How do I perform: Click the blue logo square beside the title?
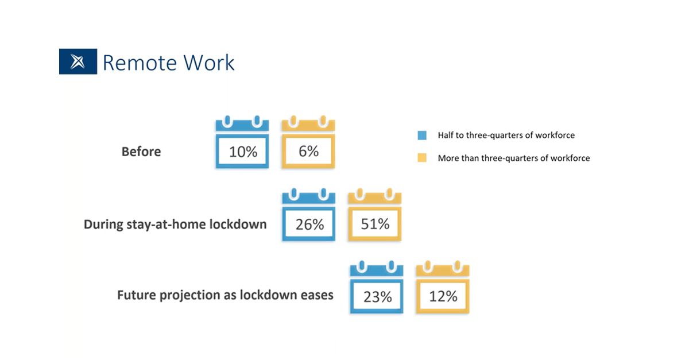(x=78, y=61)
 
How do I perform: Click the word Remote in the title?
(x=140, y=63)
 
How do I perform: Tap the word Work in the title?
(x=209, y=63)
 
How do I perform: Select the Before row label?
(x=141, y=152)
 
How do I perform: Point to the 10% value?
(x=243, y=152)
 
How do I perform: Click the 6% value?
(x=308, y=152)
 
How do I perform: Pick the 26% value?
(x=309, y=224)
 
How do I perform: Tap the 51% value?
(x=376, y=224)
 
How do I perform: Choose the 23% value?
(x=378, y=297)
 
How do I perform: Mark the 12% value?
(x=443, y=296)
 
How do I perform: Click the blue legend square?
(x=422, y=136)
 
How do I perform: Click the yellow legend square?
(x=422, y=158)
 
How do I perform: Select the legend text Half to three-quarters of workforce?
(x=506, y=136)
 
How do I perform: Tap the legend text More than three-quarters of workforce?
(x=514, y=158)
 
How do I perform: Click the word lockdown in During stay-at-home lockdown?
(x=238, y=224)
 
